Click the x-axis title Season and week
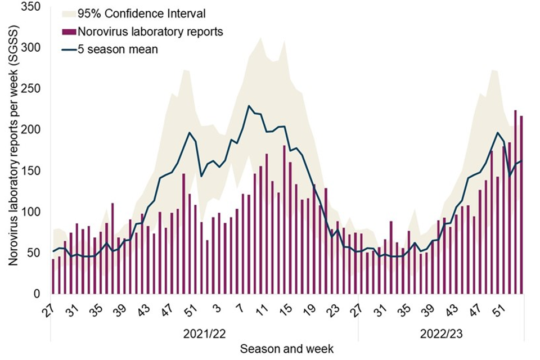click(x=287, y=349)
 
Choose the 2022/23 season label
click(x=440, y=333)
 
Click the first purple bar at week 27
click(x=53, y=276)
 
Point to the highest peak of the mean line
click(x=249, y=106)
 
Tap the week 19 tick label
click(x=309, y=309)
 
